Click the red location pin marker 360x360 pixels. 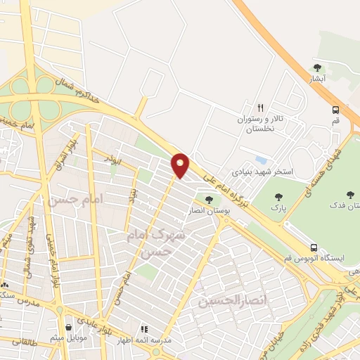181,165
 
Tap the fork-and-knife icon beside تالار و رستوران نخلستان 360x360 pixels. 261,108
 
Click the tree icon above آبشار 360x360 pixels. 317,68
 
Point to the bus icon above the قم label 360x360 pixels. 336,110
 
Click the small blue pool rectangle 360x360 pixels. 262,160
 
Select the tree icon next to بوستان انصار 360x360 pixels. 208,200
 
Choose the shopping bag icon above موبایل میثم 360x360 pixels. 68,327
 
